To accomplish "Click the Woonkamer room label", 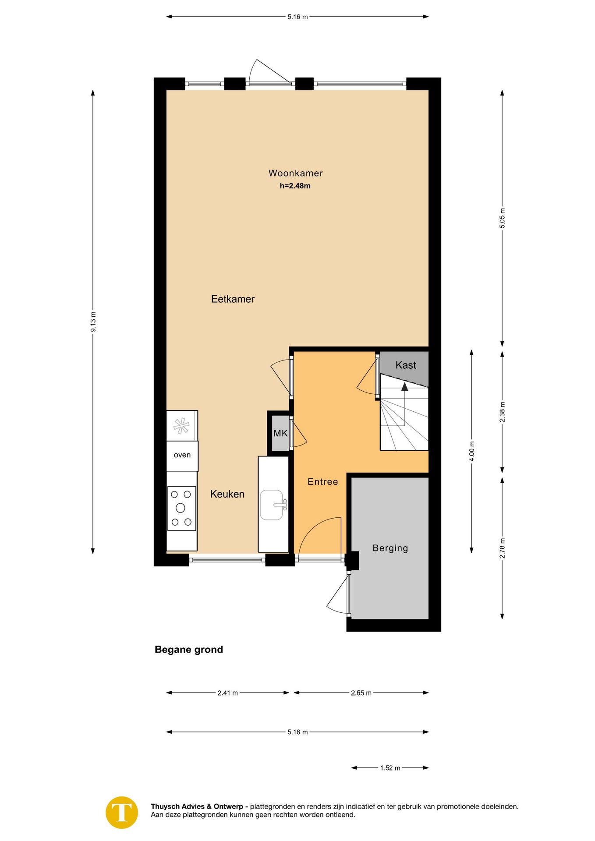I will pyautogui.click(x=295, y=173).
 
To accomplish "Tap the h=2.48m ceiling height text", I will pyautogui.click(x=295, y=186).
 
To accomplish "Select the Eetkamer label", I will pyautogui.click(x=233, y=299).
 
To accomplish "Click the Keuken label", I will pyautogui.click(x=227, y=494).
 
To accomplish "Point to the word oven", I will pyautogui.click(x=182, y=455).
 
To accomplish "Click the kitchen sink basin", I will pyautogui.click(x=272, y=505).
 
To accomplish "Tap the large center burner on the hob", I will pyautogui.click(x=181, y=508).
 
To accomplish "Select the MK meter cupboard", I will pyautogui.click(x=280, y=434).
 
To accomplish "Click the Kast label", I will pyautogui.click(x=406, y=365).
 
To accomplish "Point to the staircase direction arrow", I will pyautogui.click(x=404, y=386).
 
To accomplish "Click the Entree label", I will pyautogui.click(x=322, y=482).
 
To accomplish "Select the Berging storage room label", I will pyautogui.click(x=390, y=548).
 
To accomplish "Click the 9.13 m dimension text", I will pyautogui.click(x=93, y=322).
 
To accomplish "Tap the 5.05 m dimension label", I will pyautogui.click(x=502, y=218).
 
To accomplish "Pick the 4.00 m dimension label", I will pyautogui.click(x=471, y=451).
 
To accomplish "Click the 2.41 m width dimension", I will pyautogui.click(x=227, y=693).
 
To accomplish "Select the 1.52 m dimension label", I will pyautogui.click(x=390, y=768).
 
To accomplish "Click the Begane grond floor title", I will pyautogui.click(x=188, y=650).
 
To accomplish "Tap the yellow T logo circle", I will pyautogui.click(x=122, y=813).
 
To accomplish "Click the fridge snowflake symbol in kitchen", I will pyautogui.click(x=181, y=425).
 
